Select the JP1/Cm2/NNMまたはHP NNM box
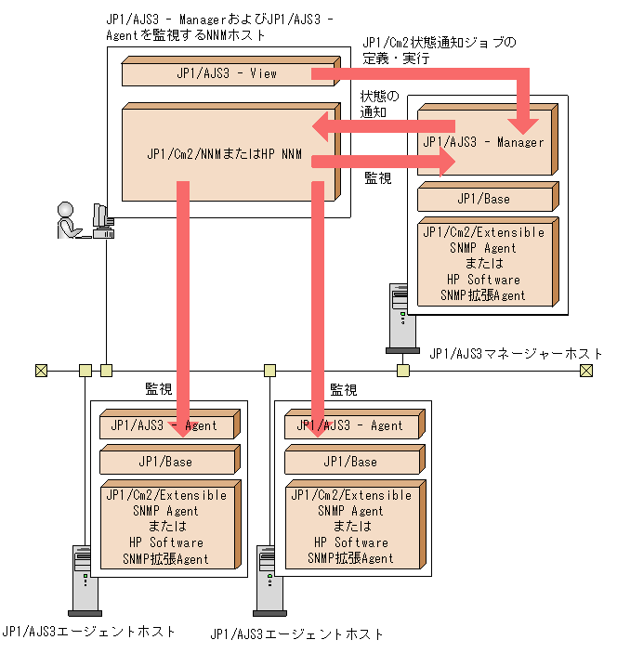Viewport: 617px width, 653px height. tap(226, 153)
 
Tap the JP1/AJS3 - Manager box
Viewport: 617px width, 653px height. tap(483, 142)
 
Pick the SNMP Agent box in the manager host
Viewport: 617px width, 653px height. tap(483, 263)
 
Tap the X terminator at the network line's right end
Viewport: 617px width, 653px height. tap(585, 371)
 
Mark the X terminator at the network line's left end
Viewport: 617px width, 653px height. tap(41, 371)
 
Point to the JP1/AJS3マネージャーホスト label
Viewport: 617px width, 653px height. tap(516, 354)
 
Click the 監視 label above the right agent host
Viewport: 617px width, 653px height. tap(343, 390)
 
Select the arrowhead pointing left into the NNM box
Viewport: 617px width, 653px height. tap(322, 126)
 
